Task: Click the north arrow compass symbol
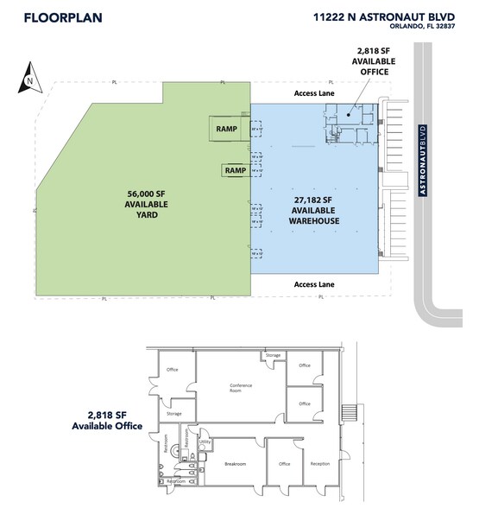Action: [x=30, y=80]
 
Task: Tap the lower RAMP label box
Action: [x=235, y=170]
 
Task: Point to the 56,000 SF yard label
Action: [x=146, y=203]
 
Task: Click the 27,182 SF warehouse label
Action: [x=314, y=209]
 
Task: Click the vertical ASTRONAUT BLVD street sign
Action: [x=423, y=162]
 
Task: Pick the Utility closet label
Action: [x=205, y=441]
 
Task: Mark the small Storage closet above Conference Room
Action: [x=273, y=355]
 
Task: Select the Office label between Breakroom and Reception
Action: [x=284, y=464]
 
